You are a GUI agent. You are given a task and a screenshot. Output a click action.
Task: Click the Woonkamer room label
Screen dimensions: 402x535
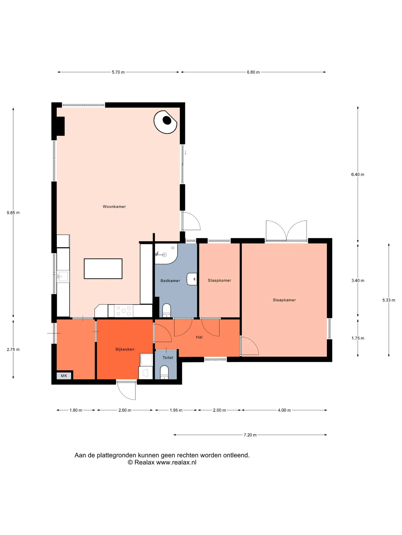(114, 206)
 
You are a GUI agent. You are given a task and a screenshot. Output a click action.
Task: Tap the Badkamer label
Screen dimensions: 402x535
(170, 281)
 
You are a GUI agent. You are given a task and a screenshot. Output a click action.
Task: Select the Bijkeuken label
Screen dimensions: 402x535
(125, 349)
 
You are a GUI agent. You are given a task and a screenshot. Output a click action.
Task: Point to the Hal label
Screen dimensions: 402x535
(199, 337)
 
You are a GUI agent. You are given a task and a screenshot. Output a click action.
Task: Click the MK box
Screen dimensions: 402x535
(64, 376)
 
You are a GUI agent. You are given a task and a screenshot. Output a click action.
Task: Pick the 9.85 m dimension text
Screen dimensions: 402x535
(13, 213)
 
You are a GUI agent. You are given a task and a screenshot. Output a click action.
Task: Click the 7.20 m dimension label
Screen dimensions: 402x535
(250, 435)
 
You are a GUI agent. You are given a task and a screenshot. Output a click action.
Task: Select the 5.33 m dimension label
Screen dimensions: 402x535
(389, 300)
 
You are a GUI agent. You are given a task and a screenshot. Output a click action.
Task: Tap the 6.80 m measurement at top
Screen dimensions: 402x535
(253, 72)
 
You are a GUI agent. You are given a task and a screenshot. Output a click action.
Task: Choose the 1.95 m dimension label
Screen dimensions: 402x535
(176, 410)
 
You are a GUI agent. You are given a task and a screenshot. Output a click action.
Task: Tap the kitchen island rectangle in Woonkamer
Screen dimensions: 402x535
(103, 269)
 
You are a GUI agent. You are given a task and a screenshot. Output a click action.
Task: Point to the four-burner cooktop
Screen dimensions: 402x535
(124, 311)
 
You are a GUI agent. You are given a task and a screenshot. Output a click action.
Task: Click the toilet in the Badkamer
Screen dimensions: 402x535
(167, 310)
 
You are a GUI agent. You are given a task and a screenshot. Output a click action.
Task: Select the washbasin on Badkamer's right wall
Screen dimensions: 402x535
(192, 279)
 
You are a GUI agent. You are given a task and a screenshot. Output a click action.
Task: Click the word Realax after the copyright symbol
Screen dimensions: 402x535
(144, 462)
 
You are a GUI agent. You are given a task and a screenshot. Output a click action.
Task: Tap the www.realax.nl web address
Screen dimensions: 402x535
(176, 462)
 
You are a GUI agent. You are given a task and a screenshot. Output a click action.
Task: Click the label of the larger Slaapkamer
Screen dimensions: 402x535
(284, 300)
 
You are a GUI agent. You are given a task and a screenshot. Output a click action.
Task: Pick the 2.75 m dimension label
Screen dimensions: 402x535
(13, 349)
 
